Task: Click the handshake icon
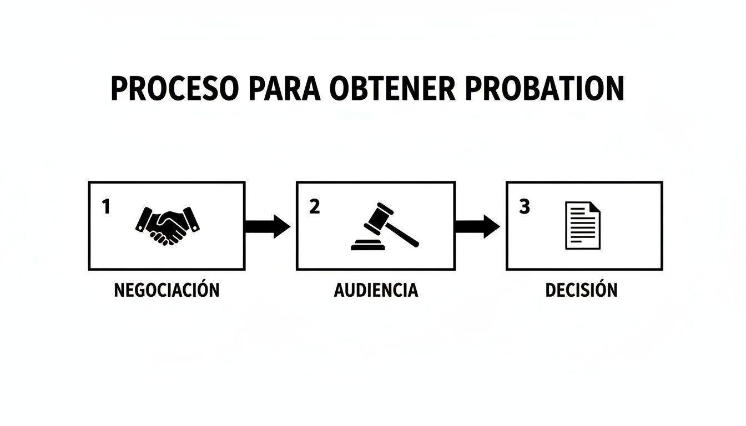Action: click(168, 226)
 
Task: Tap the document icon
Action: click(582, 225)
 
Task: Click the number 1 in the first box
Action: click(106, 207)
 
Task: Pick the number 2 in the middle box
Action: click(314, 207)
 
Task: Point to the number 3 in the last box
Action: click(525, 207)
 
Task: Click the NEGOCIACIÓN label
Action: click(167, 290)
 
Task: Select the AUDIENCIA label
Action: click(376, 290)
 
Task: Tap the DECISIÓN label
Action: click(581, 290)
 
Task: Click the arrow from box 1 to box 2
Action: click(267, 226)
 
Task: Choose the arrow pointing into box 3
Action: click(477, 226)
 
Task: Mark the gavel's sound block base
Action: click(367, 245)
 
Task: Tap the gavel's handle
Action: click(404, 235)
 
